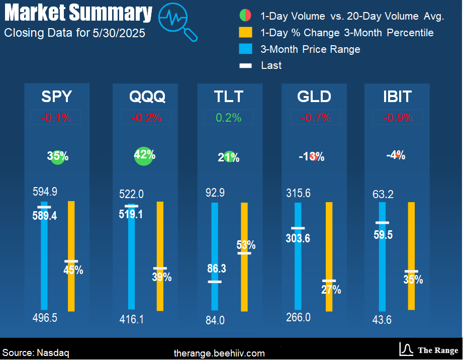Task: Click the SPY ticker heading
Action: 56,96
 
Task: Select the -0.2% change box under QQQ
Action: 146,118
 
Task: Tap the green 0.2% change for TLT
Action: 229,118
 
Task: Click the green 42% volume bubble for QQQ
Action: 144,156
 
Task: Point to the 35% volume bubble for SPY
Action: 57,156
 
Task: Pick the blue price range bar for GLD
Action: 299,256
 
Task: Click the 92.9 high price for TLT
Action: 215,192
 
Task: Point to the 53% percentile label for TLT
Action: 246,245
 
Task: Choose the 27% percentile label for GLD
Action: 331,290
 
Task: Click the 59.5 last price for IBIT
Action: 384,235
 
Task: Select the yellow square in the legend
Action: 245,33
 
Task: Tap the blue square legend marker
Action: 245,49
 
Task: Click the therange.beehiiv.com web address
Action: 219,353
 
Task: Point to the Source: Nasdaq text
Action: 36,353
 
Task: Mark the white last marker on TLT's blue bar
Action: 215,282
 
